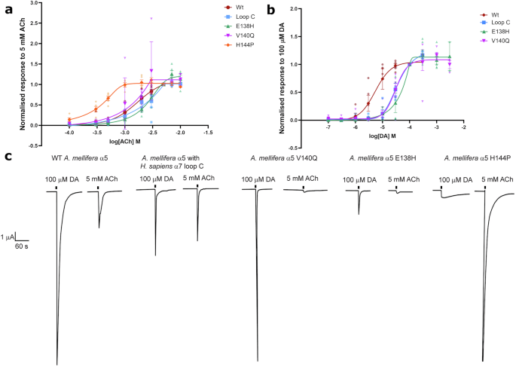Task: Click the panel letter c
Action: [x=7, y=156]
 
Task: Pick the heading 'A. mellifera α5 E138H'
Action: [x=381, y=158]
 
